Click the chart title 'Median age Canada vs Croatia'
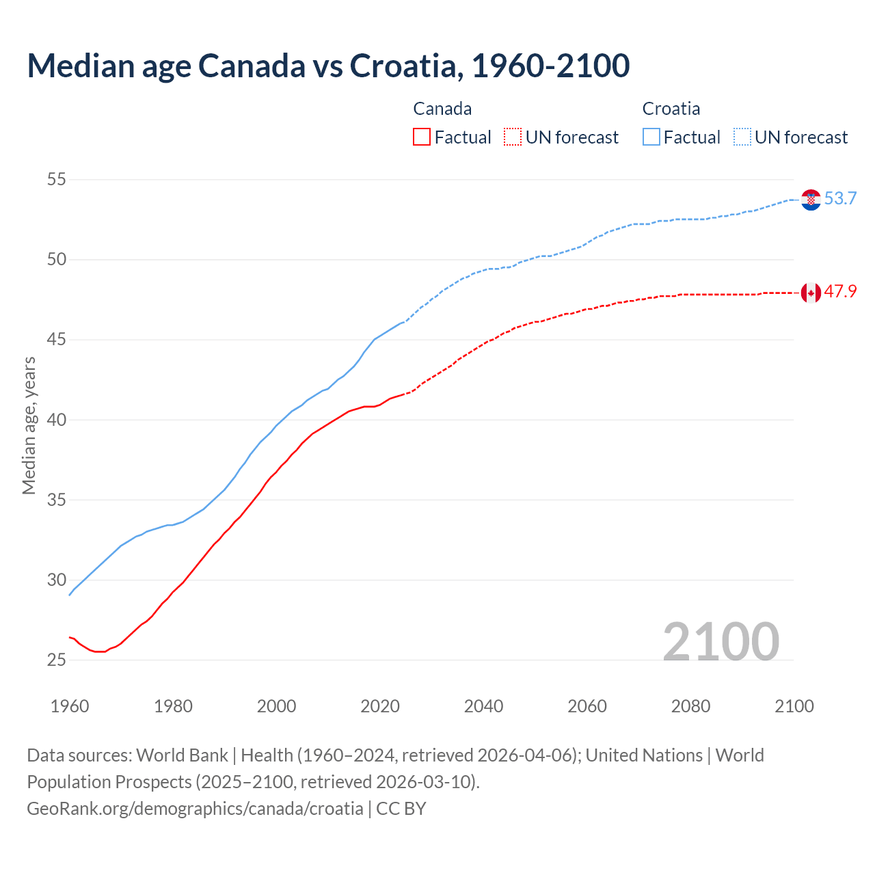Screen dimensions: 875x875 pos(328,66)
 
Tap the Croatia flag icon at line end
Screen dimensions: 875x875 pos(811,200)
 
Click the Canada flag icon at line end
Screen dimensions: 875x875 pos(811,293)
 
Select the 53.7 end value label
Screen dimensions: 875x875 pos(840,199)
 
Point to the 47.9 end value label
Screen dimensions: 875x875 pos(840,292)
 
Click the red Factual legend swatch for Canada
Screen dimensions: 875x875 pos(422,137)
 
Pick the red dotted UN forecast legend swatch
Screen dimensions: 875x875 pos(513,137)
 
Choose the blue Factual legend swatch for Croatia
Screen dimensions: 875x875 pos(651,137)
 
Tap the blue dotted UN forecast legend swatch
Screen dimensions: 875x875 pos(742,137)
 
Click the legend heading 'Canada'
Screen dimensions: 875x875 pos(442,109)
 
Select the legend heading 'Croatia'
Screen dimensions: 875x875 pos(671,109)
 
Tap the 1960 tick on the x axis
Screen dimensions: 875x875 pos(70,706)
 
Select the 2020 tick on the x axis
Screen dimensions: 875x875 pos(380,706)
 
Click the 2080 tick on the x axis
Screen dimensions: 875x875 pos(690,706)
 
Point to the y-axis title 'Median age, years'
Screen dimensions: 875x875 pos(29,425)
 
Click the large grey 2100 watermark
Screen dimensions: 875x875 pos(721,642)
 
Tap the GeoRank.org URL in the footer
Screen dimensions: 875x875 pos(195,809)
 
